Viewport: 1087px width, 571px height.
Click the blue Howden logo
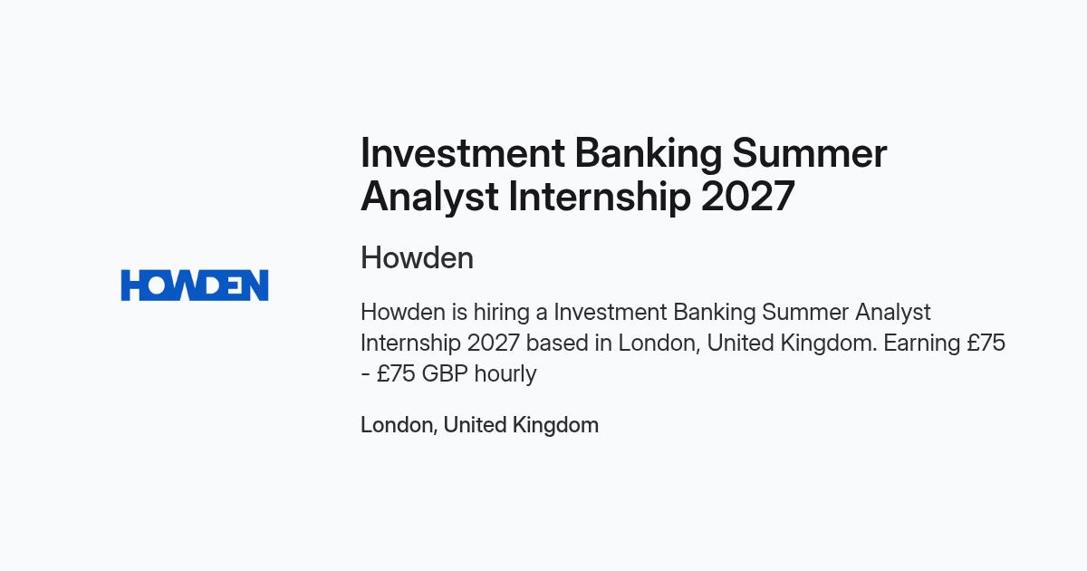point(195,285)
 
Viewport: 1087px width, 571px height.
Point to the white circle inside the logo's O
point(158,285)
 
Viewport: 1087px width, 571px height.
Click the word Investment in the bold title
point(463,153)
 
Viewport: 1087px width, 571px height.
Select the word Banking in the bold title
point(649,154)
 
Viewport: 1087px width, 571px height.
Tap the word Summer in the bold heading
point(810,153)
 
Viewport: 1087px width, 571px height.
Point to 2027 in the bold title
point(748,197)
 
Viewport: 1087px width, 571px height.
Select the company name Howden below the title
point(418,257)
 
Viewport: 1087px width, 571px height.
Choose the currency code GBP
point(445,373)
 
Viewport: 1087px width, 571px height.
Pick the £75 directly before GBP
point(396,373)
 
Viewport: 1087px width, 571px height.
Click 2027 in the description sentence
point(494,344)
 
